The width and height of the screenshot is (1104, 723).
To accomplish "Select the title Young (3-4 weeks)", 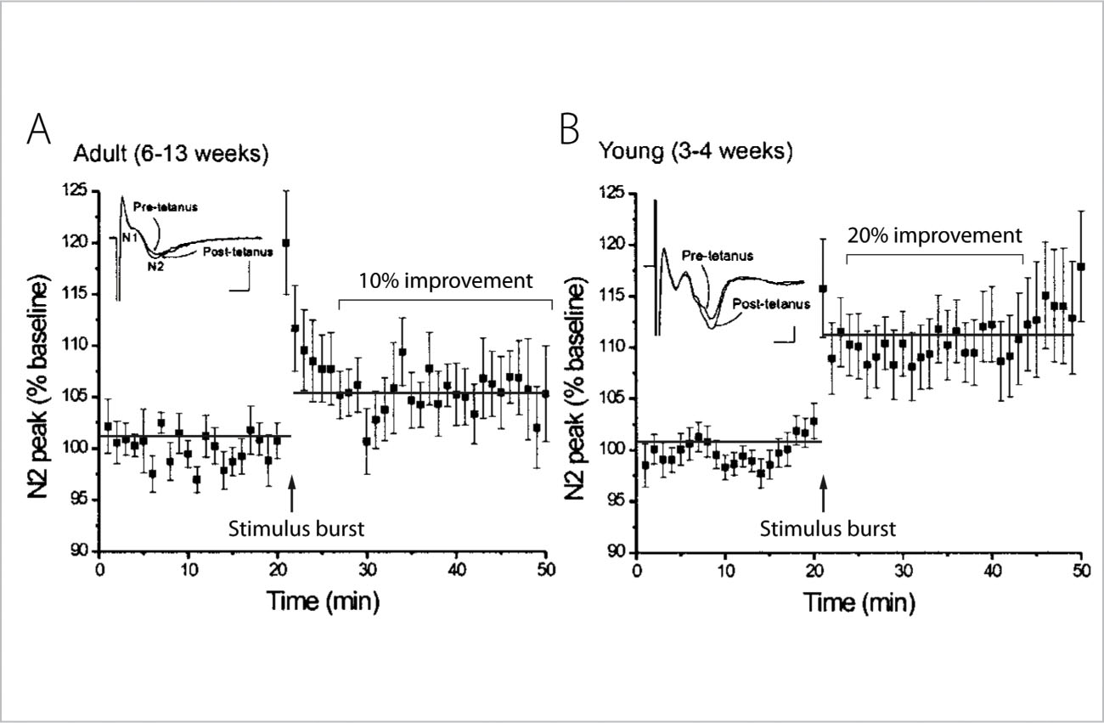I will pyautogui.click(x=696, y=153).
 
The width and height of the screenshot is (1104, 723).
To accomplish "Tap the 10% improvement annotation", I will pyautogui.click(x=444, y=280).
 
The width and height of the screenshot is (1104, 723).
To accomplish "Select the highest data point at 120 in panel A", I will pyautogui.click(x=285, y=243).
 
